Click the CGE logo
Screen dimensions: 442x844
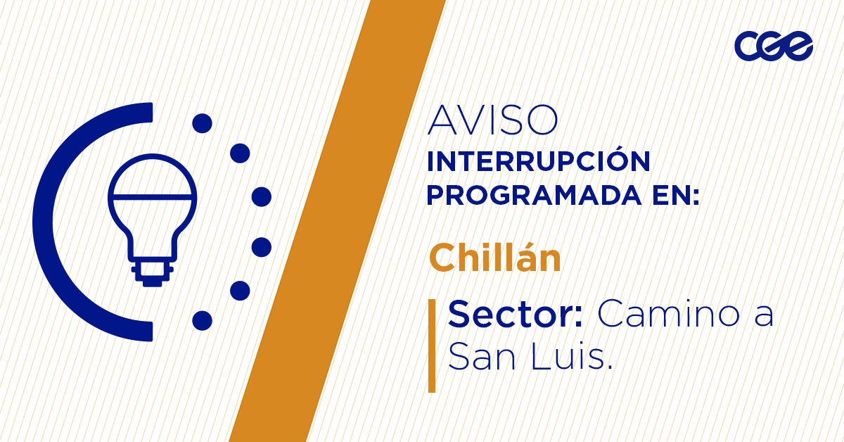coord(774,46)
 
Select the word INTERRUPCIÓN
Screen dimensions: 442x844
coord(538,161)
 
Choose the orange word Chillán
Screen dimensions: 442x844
coord(495,258)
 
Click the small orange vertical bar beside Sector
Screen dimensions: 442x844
coord(432,345)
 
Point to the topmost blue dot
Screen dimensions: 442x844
coord(202,123)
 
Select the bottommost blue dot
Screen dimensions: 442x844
coord(202,320)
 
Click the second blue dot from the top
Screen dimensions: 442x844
coord(241,153)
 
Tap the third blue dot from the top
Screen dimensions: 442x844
coord(262,196)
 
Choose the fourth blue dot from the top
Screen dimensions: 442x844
coord(262,247)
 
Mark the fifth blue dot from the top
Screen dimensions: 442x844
coord(241,290)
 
